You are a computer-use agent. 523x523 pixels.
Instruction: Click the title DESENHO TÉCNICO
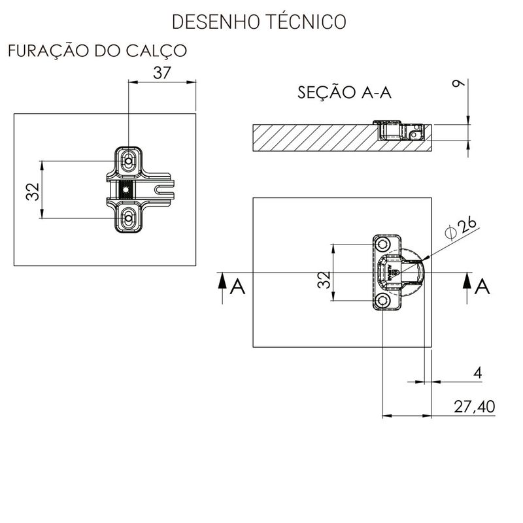coord(258,21)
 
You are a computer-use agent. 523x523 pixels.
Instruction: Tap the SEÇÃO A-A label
coord(344,92)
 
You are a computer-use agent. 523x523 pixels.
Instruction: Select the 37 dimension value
coord(161,73)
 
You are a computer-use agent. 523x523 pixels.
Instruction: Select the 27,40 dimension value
coord(473,407)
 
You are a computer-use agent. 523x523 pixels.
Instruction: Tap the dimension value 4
coord(477,373)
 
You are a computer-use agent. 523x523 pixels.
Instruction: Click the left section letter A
coord(239,286)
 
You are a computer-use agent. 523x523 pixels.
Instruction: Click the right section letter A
coord(483,286)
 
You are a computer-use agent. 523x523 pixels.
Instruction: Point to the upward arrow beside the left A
coord(222,284)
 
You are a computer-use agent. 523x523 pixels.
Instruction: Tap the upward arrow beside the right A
coord(467,284)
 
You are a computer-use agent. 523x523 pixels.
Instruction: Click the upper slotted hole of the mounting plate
coord(129,159)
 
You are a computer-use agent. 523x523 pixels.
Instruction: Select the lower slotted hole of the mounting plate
coord(129,216)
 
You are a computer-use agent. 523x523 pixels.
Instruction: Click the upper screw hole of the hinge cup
coord(382,245)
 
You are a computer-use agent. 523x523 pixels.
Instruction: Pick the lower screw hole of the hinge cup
coord(382,301)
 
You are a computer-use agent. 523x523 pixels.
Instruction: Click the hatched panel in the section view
coord(314,137)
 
